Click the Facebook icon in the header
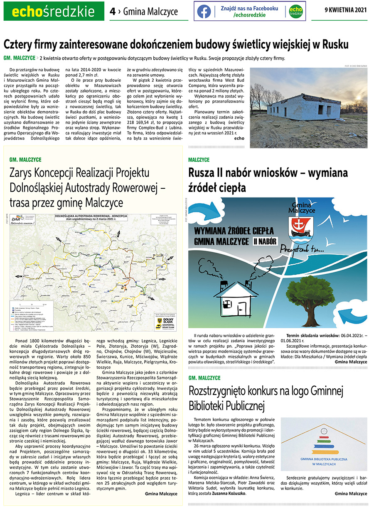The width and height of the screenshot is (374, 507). [204, 11]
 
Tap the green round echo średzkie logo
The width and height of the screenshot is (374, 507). [295, 11]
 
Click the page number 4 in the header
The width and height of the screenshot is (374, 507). [112, 12]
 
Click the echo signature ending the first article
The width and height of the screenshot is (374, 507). [239, 138]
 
